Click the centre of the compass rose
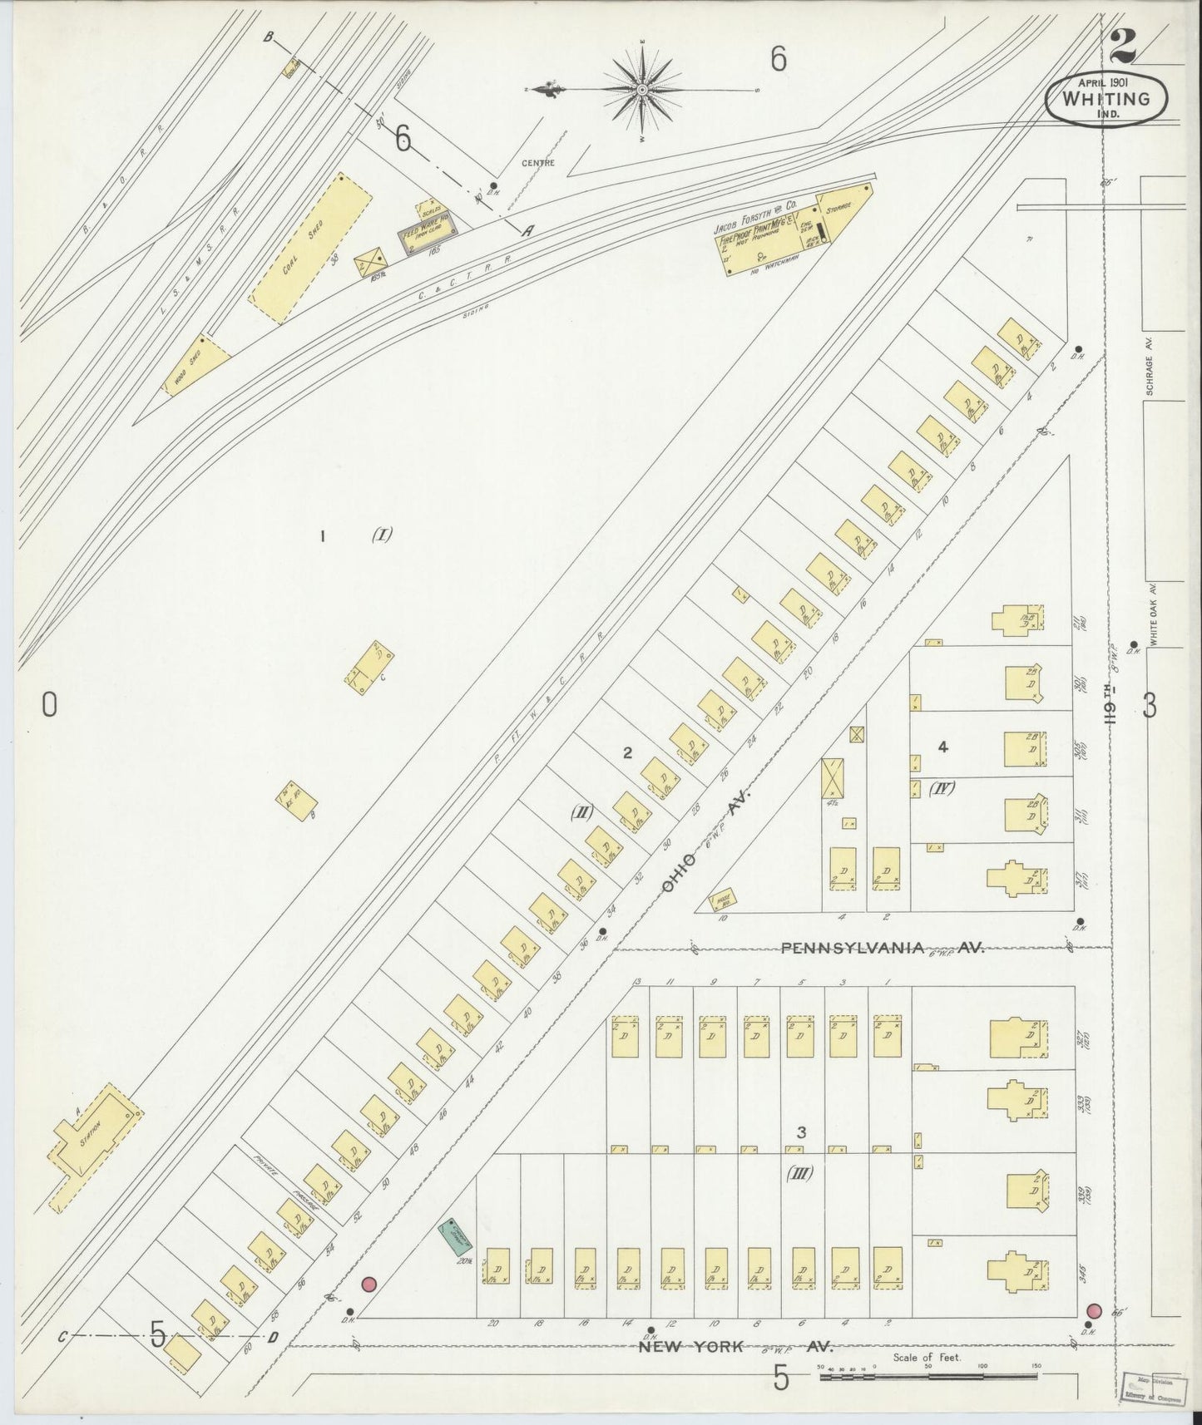[643, 88]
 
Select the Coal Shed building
[310, 249]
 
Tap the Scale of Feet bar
[927, 1378]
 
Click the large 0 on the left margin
[49, 706]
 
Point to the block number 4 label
[942, 747]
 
